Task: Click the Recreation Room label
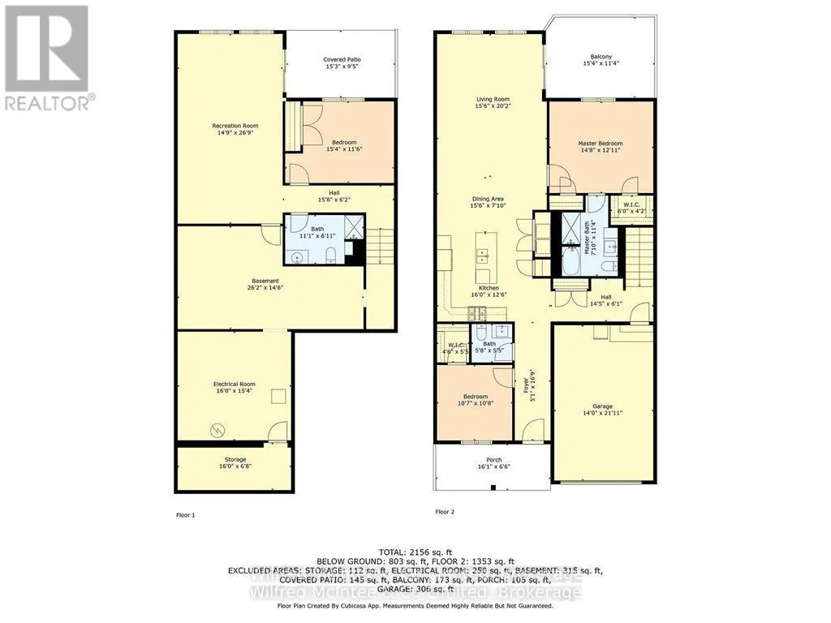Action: point(235,126)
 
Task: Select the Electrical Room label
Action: point(235,384)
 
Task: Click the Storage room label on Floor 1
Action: point(235,459)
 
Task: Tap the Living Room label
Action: point(493,101)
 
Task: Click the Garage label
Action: point(602,406)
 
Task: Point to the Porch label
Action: point(493,460)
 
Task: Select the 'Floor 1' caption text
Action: point(186,515)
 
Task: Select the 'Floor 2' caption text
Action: point(445,512)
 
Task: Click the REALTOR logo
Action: point(48,58)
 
